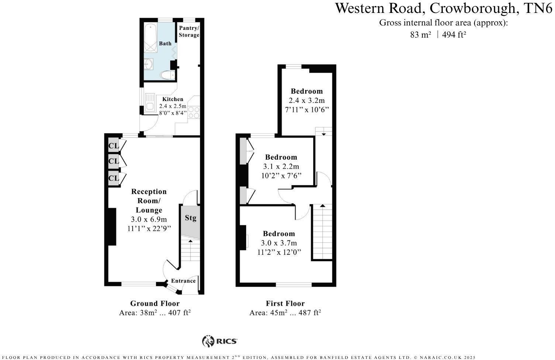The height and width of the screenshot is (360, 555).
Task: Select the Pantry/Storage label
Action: pyautogui.click(x=189, y=32)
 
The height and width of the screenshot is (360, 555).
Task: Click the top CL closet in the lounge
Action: pyautogui.click(x=113, y=146)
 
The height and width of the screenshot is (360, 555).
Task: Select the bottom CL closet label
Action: pyautogui.click(x=113, y=178)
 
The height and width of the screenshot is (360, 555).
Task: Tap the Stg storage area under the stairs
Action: pyautogui.click(x=190, y=218)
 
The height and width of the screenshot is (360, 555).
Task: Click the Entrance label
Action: pyautogui.click(x=183, y=281)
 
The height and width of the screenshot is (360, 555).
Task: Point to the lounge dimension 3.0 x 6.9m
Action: pyautogui.click(x=149, y=219)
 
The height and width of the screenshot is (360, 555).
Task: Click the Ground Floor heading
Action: pyautogui.click(x=155, y=304)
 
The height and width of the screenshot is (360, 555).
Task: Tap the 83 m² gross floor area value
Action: pyautogui.click(x=420, y=35)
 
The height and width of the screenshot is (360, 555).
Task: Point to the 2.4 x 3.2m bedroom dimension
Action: pyautogui.click(x=307, y=100)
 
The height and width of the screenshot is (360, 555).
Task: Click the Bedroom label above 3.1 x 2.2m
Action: pyautogui.click(x=281, y=157)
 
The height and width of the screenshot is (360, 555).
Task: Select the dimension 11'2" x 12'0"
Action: pyautogui.click(x=279, y=252)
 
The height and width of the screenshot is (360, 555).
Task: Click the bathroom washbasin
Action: pyautogui.click(x=149, y=65)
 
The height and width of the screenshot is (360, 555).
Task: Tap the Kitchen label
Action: pyautogui.click(x=173, y=99)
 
